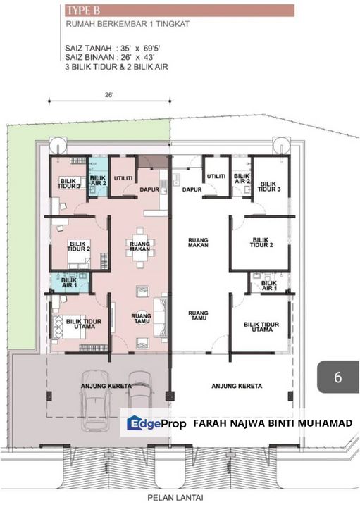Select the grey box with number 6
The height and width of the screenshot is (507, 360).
(x=337, y=377)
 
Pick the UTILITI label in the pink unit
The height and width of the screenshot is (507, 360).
(x=124, y=180)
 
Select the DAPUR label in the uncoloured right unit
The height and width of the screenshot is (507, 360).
(x=192, y=189)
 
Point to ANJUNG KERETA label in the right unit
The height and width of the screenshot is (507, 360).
(x=237, y=386)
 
